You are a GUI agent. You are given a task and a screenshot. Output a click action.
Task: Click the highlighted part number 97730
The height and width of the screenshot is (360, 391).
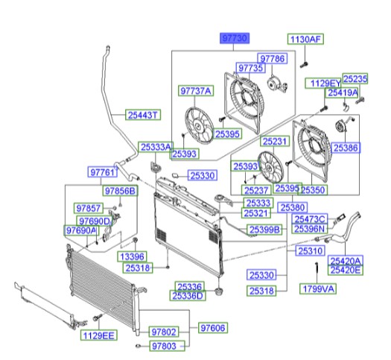point(233,37)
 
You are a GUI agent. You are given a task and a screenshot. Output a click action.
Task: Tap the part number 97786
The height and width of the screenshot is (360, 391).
point(272,58)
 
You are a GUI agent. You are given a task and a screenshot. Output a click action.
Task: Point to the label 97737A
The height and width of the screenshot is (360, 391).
point(196,92)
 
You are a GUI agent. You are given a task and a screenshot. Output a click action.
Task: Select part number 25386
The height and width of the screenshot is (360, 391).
point(346,149)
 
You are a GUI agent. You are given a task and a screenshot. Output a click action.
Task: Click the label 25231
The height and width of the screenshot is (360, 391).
point(274,141)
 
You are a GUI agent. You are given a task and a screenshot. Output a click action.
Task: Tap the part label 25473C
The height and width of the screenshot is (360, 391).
point(310,219)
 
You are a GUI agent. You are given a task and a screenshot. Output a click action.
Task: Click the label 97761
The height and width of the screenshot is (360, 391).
point(104,172)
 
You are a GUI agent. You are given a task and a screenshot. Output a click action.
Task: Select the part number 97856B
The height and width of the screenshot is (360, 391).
point(121,192)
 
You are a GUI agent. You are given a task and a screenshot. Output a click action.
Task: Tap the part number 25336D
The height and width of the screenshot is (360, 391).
point(189,296)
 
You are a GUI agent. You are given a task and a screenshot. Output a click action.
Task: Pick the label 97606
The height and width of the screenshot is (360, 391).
point(213,328)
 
